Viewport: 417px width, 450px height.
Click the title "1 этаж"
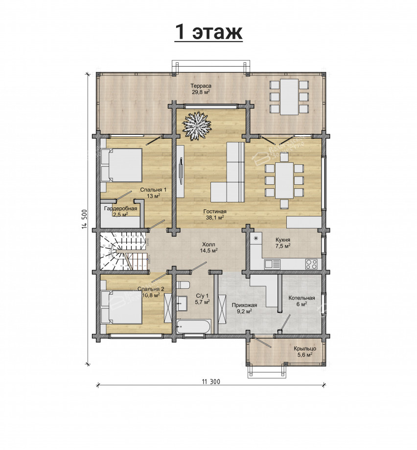click(x=208, y=32)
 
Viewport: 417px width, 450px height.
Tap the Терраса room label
click(x=201, y=86)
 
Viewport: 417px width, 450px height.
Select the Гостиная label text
click(x=215, y=211)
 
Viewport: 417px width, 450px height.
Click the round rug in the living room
click(x=197, y=125)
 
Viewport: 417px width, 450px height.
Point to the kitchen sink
click(x=272, y=263)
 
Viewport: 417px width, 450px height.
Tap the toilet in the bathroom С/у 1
click(x=183, y=285)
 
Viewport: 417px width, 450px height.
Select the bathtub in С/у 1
click(x=194, y=326)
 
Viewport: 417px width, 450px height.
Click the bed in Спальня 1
click(x=121, y=165)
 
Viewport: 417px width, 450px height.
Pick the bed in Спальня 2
click(x=121, y=307)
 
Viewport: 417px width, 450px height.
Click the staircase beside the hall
click(x=124, y=251)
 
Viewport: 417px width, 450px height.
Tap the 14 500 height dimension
click(x=84, y=220)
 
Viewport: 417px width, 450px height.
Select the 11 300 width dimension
click(x=211, y=381)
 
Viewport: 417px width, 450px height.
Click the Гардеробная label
click(x=120, y=208)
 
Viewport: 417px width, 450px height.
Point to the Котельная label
click(x=302, y=298)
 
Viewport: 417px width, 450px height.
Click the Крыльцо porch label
click(x=305, y=349)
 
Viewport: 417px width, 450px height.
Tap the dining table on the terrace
click(x=289, y=97)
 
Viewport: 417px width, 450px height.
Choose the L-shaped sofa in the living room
click(x=228, y=172)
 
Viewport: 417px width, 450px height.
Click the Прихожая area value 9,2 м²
click(x=244, y=311)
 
